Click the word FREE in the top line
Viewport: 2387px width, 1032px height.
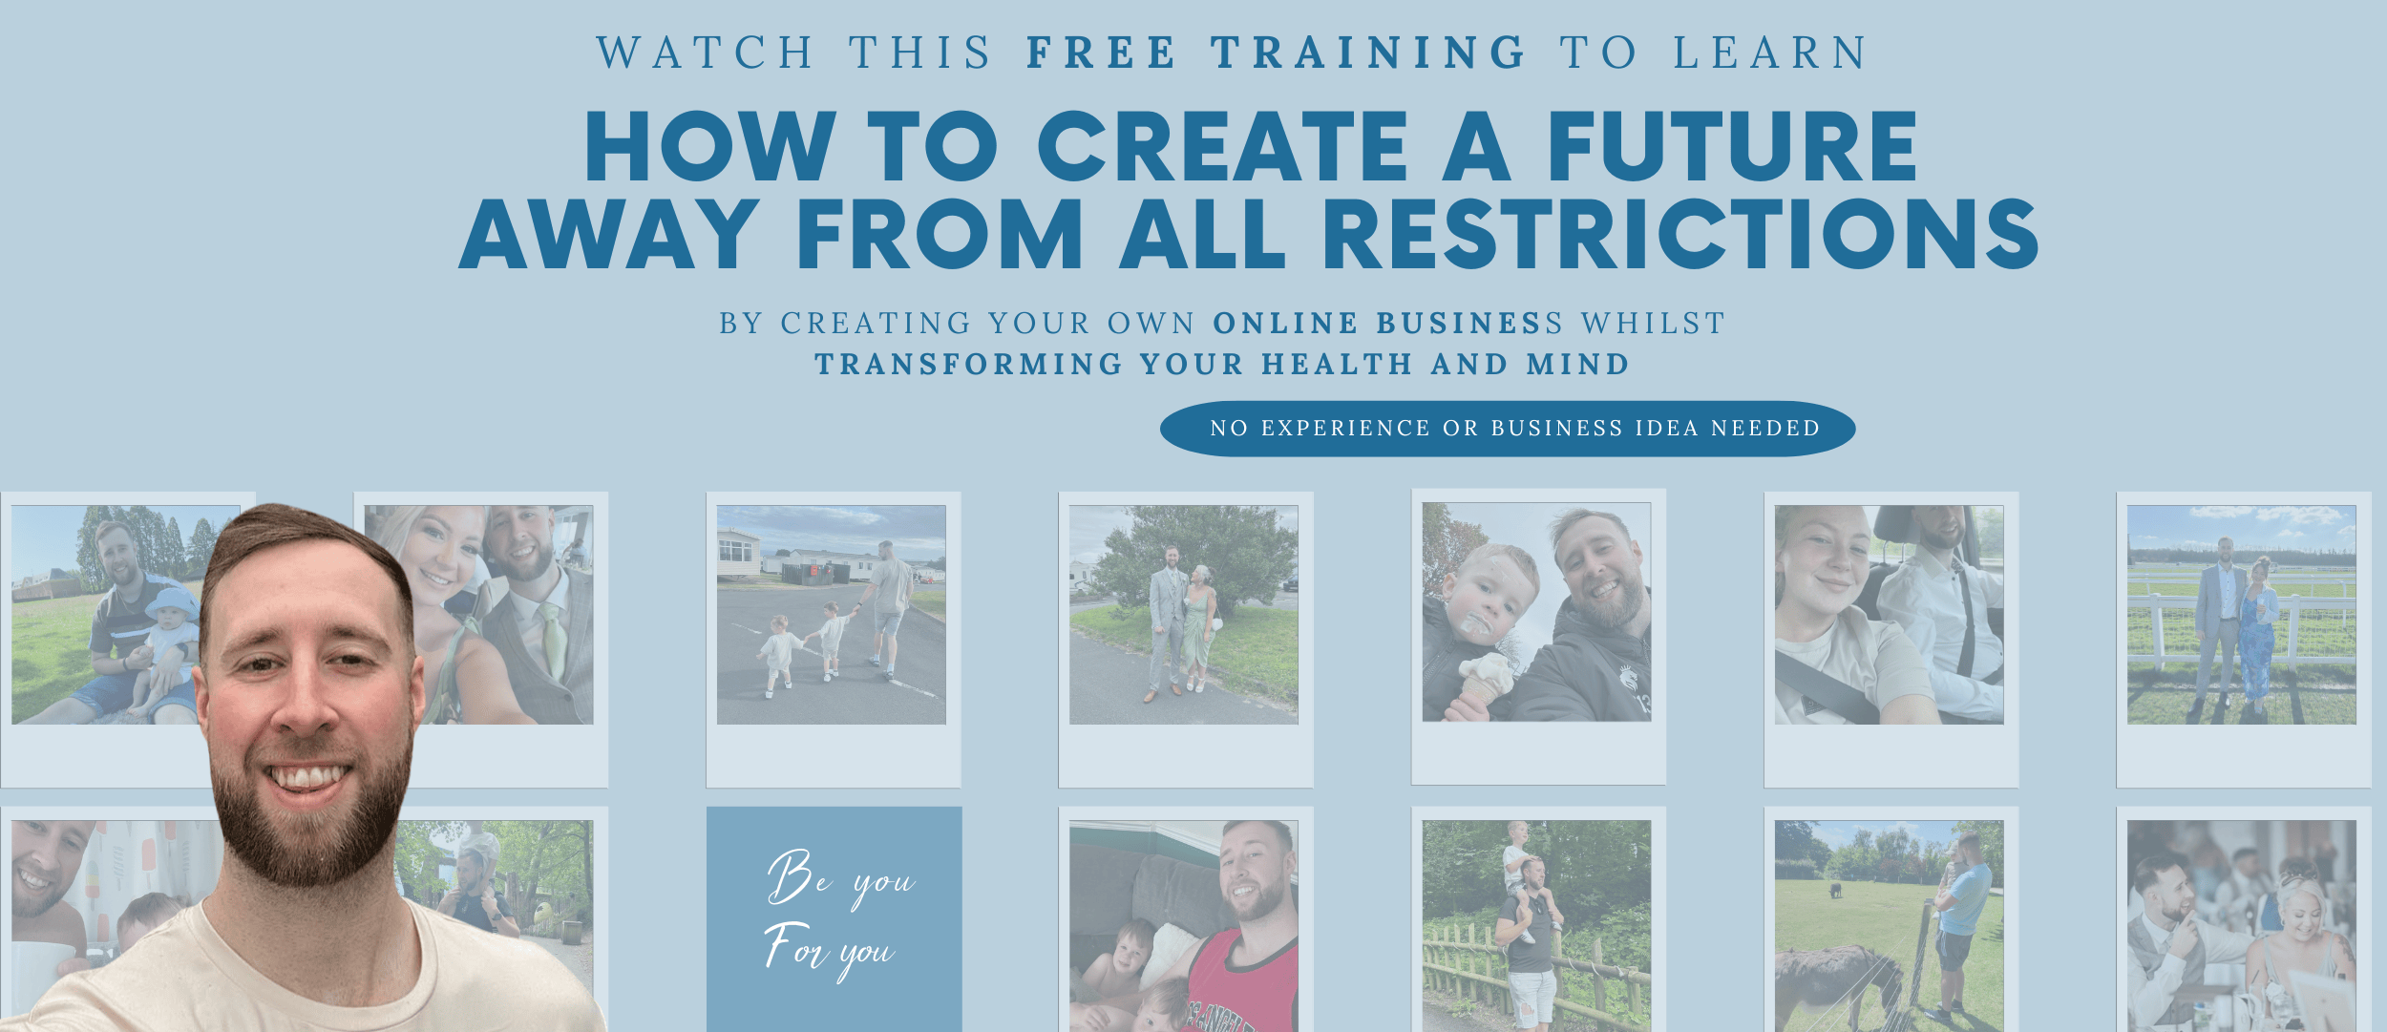pos(1101,53)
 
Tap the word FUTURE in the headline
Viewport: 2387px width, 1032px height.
pos(1732,146)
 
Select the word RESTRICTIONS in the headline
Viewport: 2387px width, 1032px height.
pos(1680,234)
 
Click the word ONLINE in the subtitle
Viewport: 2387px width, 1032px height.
pos(1285,324)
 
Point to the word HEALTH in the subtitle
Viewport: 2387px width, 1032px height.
pos(1337,365)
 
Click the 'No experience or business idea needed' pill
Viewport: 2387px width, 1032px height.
pos(1508,429)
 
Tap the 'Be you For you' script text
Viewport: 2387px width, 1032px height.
pos(837,915)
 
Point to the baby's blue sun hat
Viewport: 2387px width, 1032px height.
pos(173,605)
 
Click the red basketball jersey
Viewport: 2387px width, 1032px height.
pos(1241,983)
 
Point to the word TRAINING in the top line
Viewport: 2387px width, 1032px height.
pos(1369,53)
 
